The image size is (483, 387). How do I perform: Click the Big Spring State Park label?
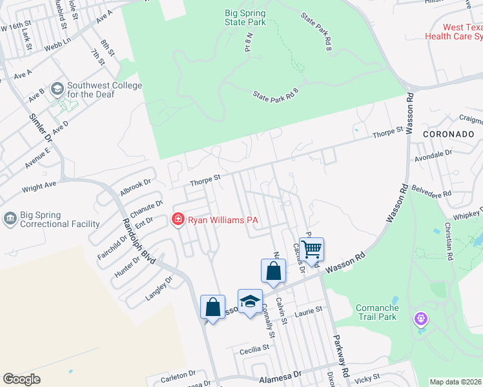click(x=245, y=17)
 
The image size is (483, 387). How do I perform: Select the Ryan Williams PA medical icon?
click(x=177, y=220)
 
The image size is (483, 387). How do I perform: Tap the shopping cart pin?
click(x=311, y=248)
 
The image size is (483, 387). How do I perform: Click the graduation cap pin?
click(x=250, y=301)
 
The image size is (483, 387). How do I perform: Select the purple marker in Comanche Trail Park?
click(x=422, y=319)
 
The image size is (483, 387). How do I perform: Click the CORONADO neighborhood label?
click(x=448, y=134)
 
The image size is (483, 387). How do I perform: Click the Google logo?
click(x=21, y=379)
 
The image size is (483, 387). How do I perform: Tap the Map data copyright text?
click(x=455, y=382)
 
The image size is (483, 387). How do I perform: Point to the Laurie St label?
click(x=308, y=312)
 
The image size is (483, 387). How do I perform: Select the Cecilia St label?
click(x=254, y=349)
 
